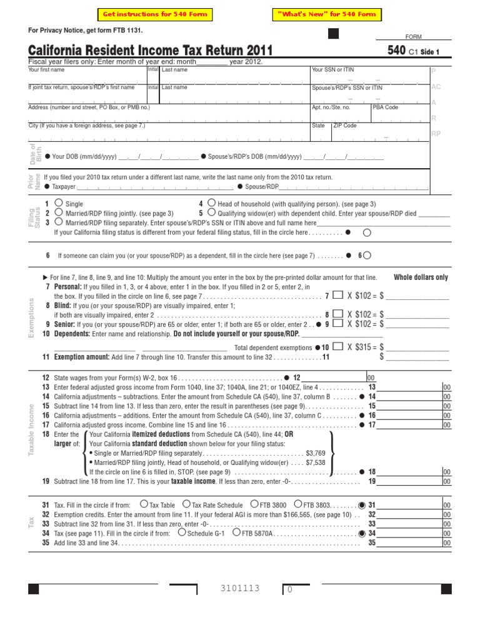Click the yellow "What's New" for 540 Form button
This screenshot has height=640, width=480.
[327, 14]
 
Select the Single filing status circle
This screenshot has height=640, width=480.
[58, 202]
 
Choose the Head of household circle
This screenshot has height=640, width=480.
[212, 202]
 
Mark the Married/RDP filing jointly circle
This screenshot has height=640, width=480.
[58, 212]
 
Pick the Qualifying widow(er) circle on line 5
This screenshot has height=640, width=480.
[212, 212]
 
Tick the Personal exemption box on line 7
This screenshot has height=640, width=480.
[337, 295]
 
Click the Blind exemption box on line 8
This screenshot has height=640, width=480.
[337, 314]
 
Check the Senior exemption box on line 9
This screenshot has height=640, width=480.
[337, 323]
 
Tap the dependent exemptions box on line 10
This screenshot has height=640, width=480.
[337, 346]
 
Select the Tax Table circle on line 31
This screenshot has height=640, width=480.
[144, 503]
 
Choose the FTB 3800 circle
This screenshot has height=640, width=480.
[254, 503]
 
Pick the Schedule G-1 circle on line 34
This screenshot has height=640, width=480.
[182, 532]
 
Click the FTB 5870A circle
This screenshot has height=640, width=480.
[236, 532]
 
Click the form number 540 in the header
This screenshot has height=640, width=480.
[396, 50]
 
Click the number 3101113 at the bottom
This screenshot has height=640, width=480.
[240, 588]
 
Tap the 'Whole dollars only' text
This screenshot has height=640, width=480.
[421, 277]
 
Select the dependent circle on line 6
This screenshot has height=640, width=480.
[367, 255]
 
